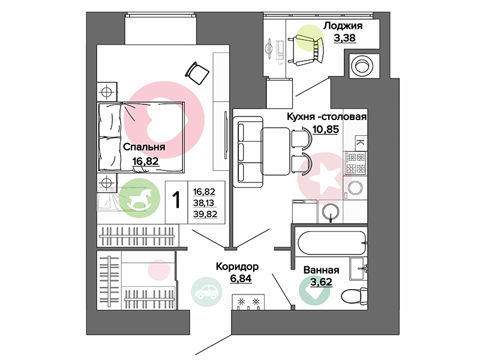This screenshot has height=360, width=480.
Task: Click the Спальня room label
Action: pos(144,147)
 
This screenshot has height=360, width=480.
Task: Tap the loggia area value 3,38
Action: pos(344,38)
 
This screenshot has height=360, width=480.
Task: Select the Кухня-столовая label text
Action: pos(326,116)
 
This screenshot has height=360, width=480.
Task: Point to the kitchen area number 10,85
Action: pos(326,129)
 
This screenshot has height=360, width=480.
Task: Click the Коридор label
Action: pos(237,266)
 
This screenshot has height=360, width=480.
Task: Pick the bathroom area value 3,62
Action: pos(321,281)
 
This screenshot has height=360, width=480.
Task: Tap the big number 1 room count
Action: pos(176,200)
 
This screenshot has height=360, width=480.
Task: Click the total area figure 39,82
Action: pos(205,214)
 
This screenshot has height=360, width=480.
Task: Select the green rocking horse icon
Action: pos(139,198)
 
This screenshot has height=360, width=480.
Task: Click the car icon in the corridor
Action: pos(206,292)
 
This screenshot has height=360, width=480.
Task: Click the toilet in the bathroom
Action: pos(354,295)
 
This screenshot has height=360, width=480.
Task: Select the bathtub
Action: pos(332,243)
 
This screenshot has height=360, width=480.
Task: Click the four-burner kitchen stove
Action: pos(355,163)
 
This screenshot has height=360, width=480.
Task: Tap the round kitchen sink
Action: pos(331,211)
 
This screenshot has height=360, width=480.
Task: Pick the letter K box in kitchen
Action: pos(361,143)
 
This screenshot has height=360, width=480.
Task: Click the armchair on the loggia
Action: pos(306,49)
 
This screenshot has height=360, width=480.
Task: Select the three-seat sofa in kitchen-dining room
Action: pos(248,152)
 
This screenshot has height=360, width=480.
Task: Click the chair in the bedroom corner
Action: pos(197,73)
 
